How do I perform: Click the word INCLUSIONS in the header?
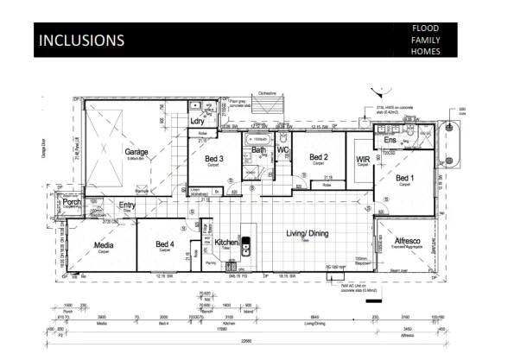coord(80,41)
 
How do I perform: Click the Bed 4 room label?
coord(166,243)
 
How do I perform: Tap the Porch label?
coord(70,204)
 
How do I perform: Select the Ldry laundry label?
coord(197,121)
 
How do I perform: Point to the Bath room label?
coord(259,149)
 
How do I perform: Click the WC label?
coord(282,149)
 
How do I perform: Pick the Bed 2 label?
coord(320,156)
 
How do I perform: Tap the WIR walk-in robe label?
coord(363,159)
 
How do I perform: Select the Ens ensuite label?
coord(390,139)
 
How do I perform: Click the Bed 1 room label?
coord(407,179)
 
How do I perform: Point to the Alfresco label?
coord(407,240)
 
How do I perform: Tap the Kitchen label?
coord(226,243)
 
